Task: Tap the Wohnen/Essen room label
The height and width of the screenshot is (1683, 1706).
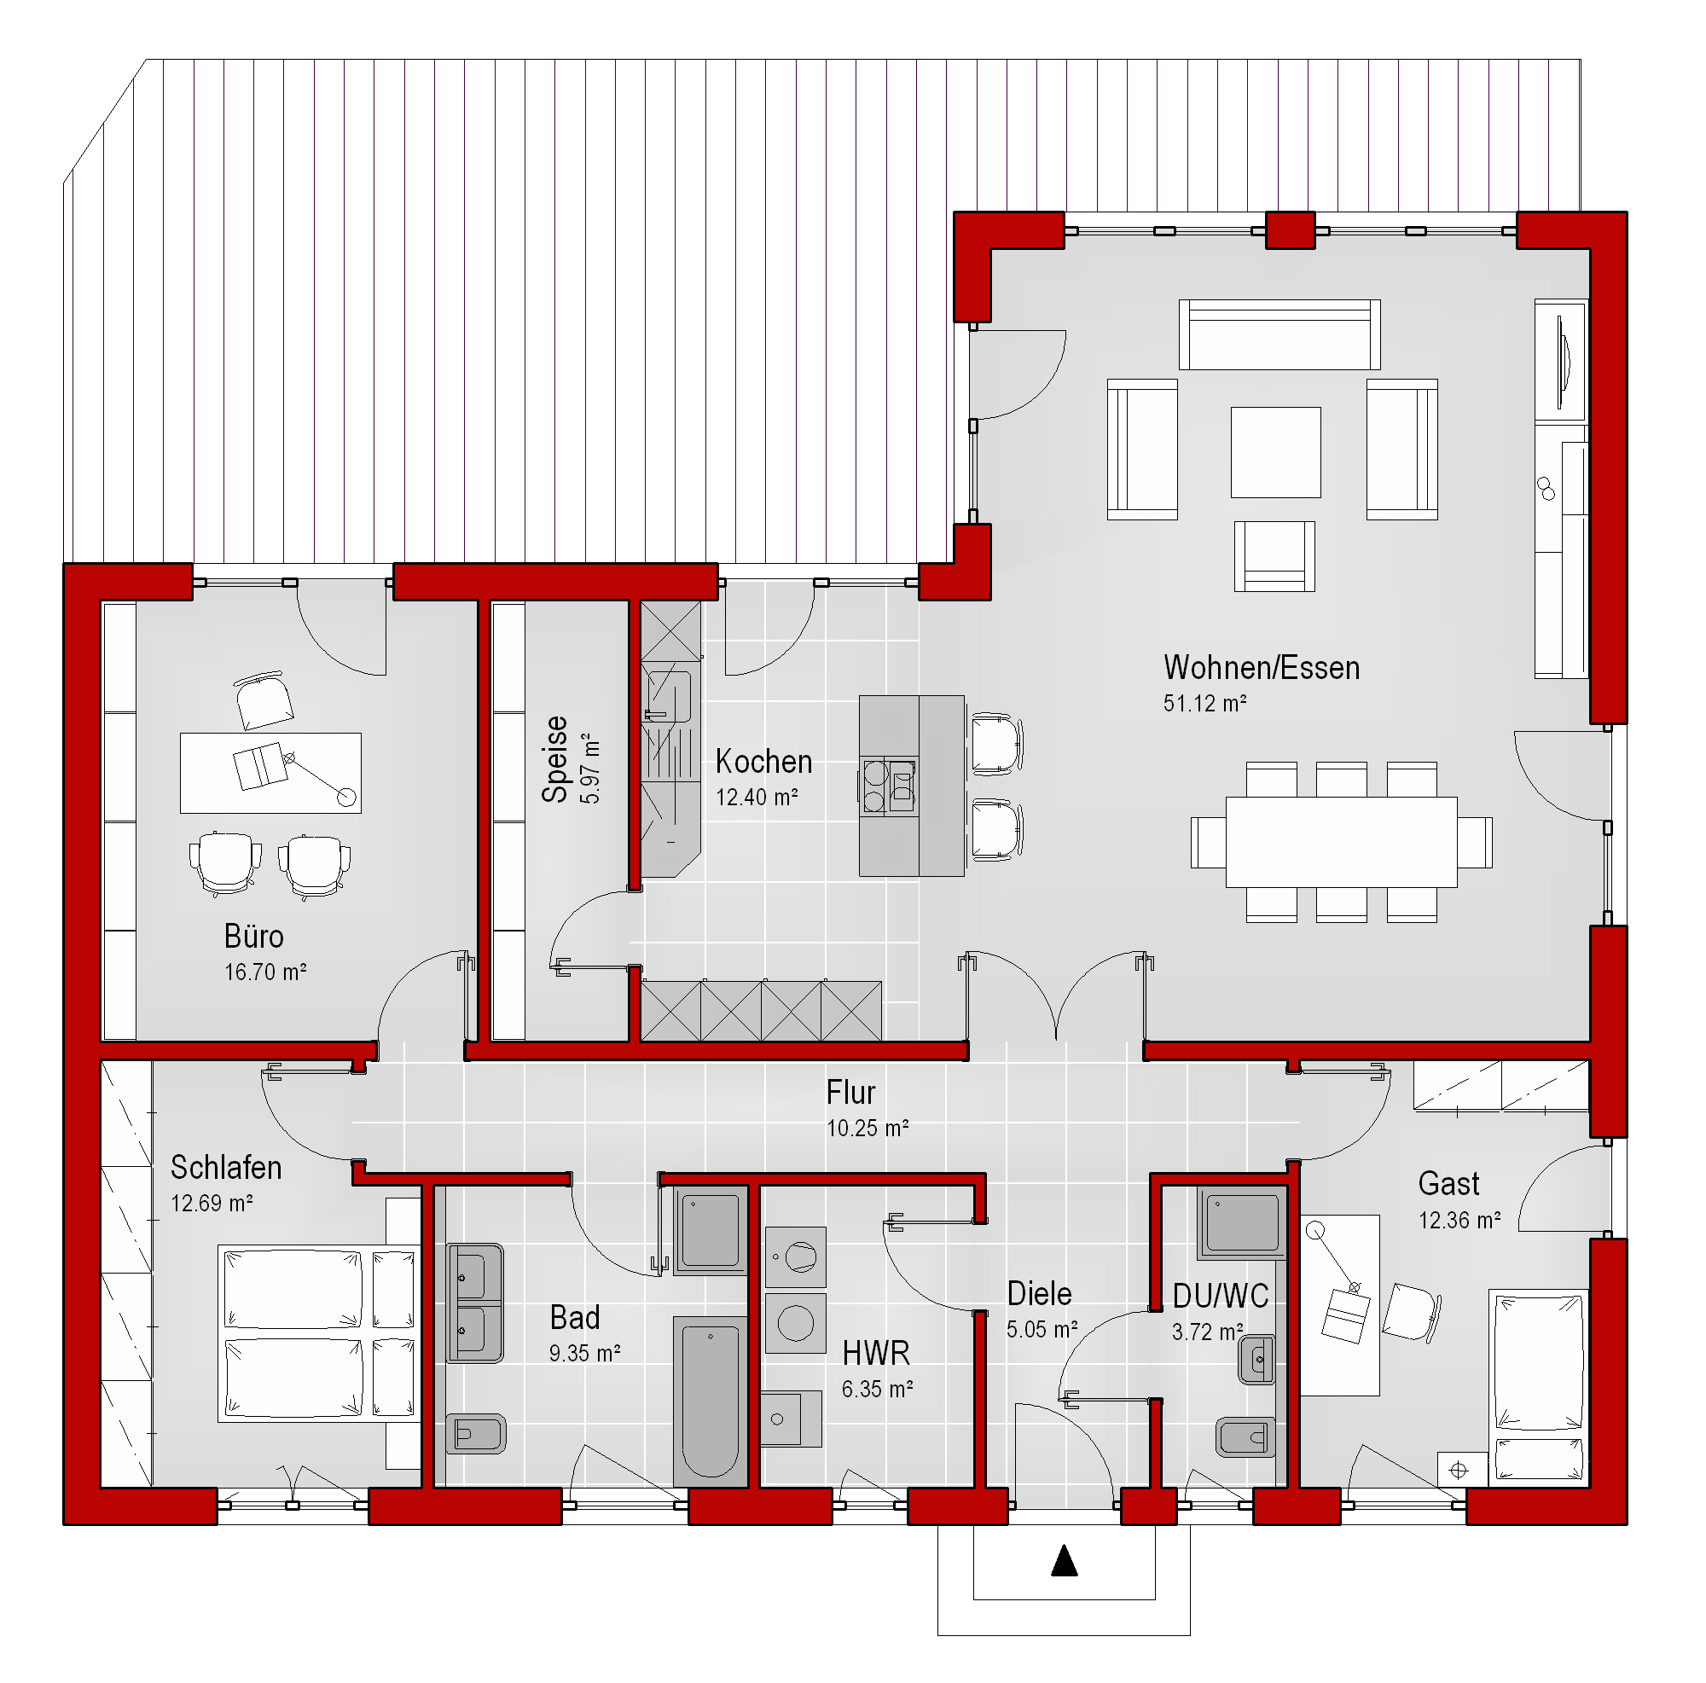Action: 1261,669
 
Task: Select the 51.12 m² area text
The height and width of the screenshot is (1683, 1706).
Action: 1204,704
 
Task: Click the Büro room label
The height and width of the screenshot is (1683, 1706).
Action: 253,936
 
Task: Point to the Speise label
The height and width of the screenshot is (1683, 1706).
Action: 554,759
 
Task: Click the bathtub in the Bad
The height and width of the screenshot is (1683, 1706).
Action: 710,1402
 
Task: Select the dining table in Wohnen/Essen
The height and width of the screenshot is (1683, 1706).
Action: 1340,841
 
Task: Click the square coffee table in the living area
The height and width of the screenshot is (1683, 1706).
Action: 1276,452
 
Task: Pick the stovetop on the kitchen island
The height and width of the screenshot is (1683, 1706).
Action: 888,786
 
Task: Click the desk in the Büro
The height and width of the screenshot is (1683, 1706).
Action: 270,773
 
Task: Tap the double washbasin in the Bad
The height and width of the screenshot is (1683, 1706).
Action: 475,1303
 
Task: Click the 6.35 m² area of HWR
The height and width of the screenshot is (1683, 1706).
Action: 877,1389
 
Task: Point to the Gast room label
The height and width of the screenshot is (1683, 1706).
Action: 1448,1184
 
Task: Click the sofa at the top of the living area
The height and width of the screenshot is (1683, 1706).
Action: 1279,334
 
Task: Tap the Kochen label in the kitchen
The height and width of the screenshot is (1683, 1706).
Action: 763,761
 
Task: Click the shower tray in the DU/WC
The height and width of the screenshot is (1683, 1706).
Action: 1241,1222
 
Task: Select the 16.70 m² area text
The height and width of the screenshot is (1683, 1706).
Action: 265,972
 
